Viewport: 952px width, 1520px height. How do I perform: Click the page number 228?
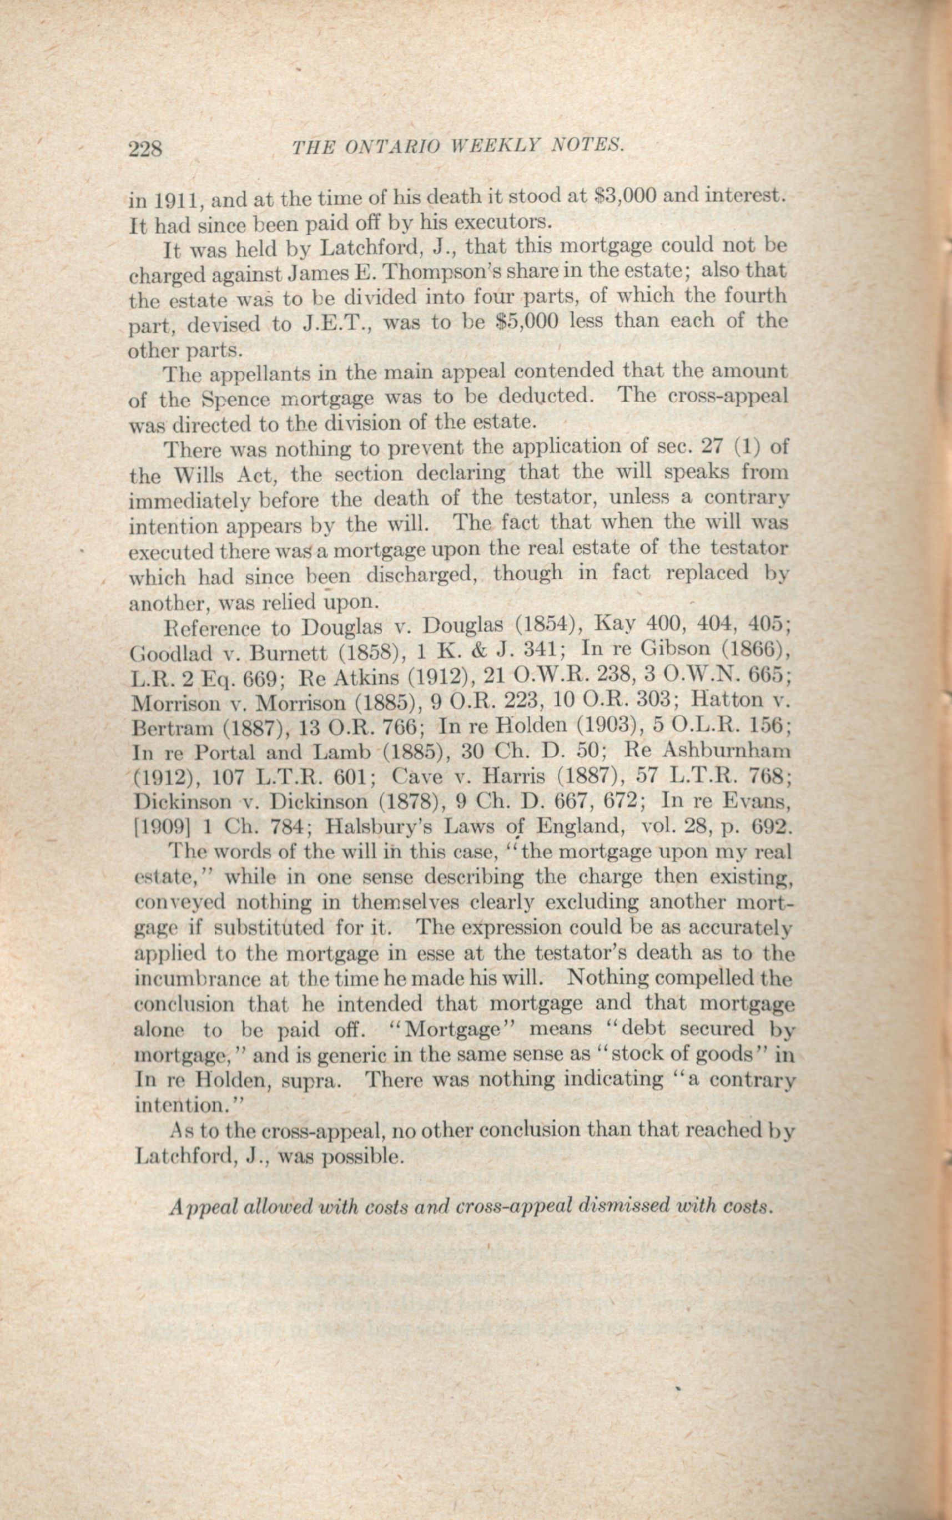click(x=145, y=149)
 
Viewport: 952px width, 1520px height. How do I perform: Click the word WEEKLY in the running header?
click(x=497, y=146)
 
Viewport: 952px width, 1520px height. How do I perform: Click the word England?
click(x=580, y=825)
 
